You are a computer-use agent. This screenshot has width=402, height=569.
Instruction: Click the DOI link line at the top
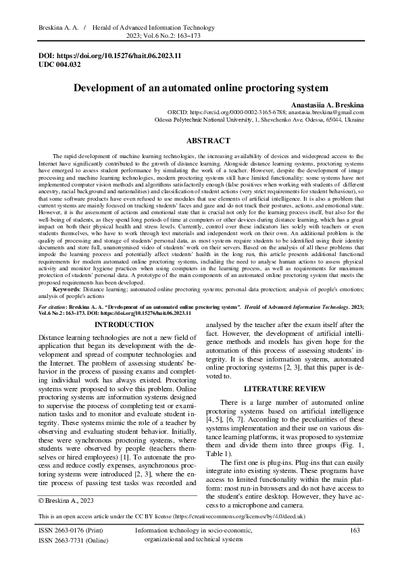pyautogui.click(x=109, y=57)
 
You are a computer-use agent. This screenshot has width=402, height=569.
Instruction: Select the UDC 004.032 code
pyautogui.click(x=59, y=65)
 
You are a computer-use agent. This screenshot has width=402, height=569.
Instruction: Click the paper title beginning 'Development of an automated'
pyautogui.click(x=201, y=88)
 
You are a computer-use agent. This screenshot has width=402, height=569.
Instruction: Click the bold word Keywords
pyautogui.click(x=66, y=289)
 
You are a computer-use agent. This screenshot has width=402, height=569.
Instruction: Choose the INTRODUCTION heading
pyautogui.click(x=115, y=325)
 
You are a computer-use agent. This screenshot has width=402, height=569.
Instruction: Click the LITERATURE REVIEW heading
pyautogui.click(x=286, y=389)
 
